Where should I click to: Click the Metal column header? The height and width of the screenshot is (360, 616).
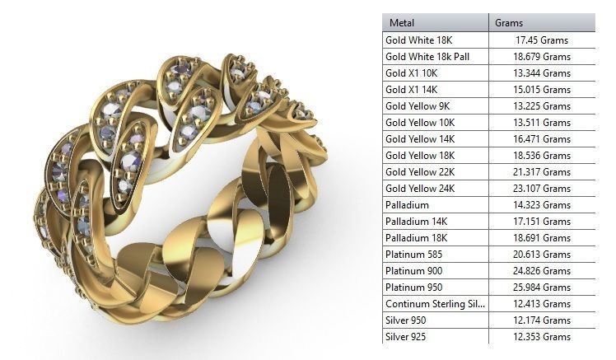(x=402, y=23)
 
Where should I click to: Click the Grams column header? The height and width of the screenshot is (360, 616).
(x=508, y=23)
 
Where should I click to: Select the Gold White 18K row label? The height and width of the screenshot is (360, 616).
(x=419, y=40)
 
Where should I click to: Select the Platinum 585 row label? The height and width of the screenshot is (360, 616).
(x=413, y=254)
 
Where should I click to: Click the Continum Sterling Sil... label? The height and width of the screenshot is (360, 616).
(x=436, y=304)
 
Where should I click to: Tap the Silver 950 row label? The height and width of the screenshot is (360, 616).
(x=406, y=320)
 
